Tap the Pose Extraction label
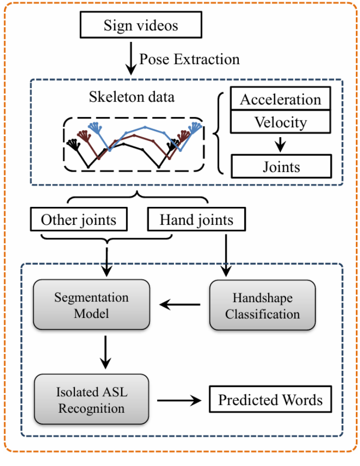pyautogui.click(x=189, y=59)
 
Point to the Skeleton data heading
pyautogui.click(x=132, y=97)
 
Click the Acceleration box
pyautogui.click(x=281, y=99)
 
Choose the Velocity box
pyautogui.click(x=281, y=122)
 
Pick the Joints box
pyautogui.click(x=281, y=166)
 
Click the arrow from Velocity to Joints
pyautogui.click(x=281, y=144)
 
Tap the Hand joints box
pyautogui.click(x=196, y=220)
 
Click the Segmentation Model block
pyautogui.click(x=91, y=305)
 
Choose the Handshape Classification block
pyautogui.click(x=262, y=305)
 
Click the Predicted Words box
pyautogui.click(x=270, y=400)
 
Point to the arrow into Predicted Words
pyautogui.click(x=180, y=400)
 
